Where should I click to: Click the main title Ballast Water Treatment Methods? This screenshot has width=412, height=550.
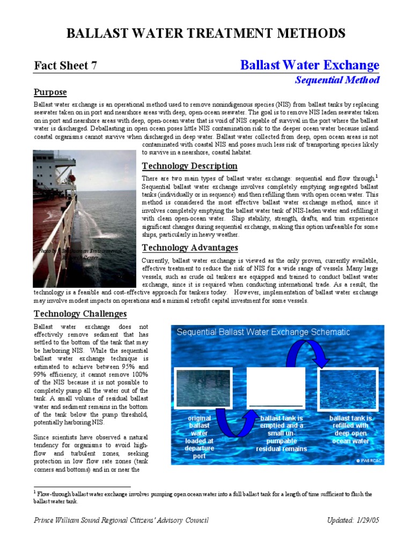point(205,33)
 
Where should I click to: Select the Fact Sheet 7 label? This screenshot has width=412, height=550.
point(65,66)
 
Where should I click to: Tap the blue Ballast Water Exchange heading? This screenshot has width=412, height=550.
point(310,66)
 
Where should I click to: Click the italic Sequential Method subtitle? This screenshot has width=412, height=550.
point(337,80)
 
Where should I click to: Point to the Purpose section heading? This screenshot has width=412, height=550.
point(50,92)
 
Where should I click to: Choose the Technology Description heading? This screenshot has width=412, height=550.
point(189,166)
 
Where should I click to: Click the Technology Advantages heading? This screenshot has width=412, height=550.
point(190,248)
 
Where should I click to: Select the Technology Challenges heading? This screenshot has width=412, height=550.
point(80,314)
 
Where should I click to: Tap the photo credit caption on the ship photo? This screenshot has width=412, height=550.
point(80,254)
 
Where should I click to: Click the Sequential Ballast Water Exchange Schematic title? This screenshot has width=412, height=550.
point(263,332)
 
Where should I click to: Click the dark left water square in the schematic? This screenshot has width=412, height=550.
point(204,388)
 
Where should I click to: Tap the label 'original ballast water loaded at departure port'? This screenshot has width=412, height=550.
point(200,437)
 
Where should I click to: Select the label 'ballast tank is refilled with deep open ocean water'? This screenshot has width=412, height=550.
point(350,429)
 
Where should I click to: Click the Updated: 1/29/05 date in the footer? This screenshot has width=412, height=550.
point(353,520)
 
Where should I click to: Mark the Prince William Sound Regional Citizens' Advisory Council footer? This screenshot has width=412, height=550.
point(121,520)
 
